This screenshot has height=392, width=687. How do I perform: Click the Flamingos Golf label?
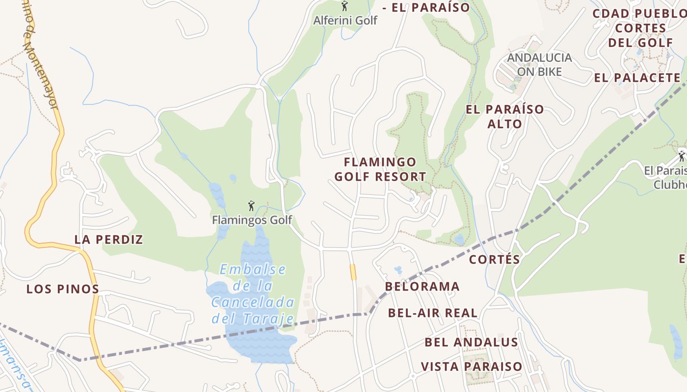click(x=252, y=220)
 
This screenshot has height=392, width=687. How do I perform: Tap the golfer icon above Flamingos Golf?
click(x=252, y=206)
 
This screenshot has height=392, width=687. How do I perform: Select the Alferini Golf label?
click(x=345, y=21)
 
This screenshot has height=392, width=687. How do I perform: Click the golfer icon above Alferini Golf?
click(x=344, y=6)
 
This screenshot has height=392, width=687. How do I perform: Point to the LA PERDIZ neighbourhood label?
click(x=108, y=240)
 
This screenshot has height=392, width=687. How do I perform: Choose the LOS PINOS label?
click(x=63, y=289)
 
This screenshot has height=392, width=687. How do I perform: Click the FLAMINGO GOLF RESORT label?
click(x=380, y=169)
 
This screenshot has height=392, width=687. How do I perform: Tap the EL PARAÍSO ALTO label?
click(x=505, y=116)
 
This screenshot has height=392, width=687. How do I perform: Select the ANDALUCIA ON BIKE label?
click(x=539, y=65)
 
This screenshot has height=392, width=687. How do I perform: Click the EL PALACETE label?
click(x=637, y=77)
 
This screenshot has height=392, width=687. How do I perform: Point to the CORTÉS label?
click(x=494, y=259)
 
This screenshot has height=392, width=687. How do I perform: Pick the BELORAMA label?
click(x=423, y=287)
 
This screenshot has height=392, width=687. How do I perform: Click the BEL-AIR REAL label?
click(x=432, y=313)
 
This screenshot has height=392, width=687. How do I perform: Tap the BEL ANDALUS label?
click(x=471, y=342)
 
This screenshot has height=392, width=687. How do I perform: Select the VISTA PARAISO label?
click(x=471, y=367)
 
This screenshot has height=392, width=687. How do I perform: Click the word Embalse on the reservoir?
click(x=253, y=269)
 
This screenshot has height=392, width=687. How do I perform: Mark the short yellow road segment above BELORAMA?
click(x=353, y=272)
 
